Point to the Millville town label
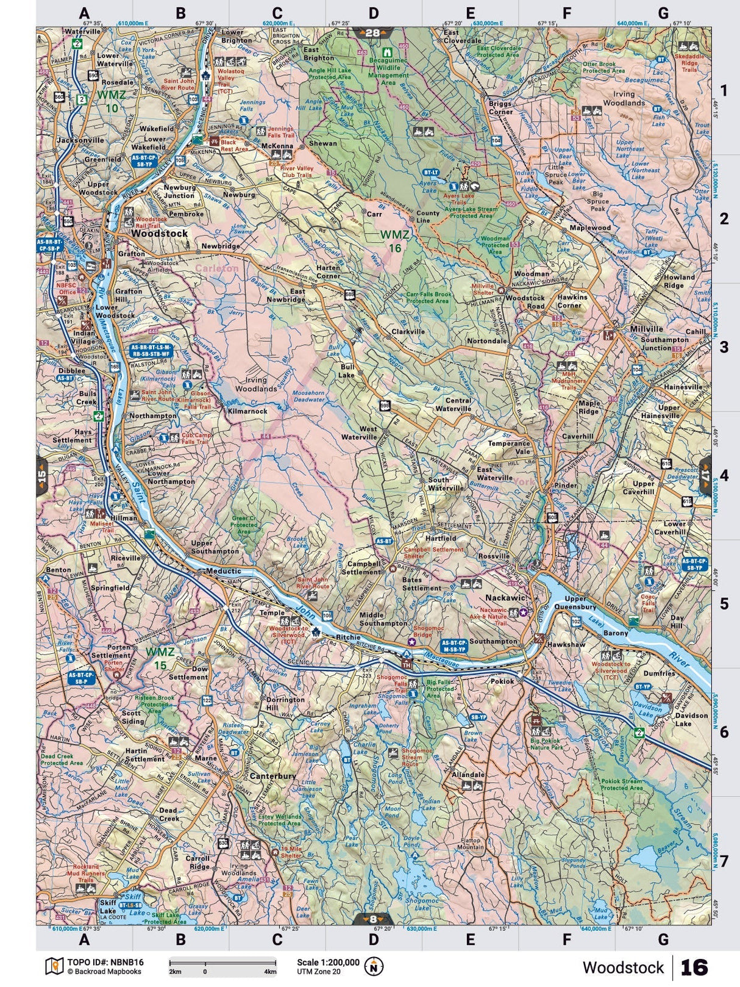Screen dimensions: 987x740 646,329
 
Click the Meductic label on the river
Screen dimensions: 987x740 223,572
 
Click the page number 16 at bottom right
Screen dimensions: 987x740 694,967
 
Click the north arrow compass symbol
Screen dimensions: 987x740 373,966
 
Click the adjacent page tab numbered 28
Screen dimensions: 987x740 372,34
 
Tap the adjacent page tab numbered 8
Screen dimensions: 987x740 372,919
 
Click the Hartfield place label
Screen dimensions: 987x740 440,539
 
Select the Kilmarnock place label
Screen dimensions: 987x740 247,411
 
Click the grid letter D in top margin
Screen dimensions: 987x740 373,13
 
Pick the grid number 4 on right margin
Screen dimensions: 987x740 724,475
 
